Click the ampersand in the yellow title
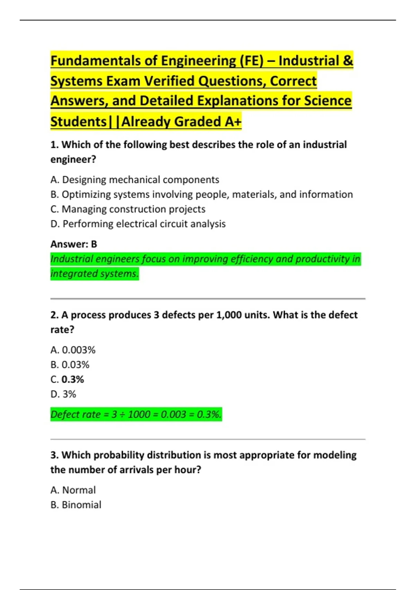[x=348, y=61]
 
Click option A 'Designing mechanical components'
[x=135, y=180]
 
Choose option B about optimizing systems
[x=201, y=194]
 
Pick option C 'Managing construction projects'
[x=128, y=209]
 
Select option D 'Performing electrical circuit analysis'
[x=138, y=224]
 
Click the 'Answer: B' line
[x=73, y=244]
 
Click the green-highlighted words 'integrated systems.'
[x=94, y=274]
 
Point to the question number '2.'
[x=54, y=315]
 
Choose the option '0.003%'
[x=78, y=350]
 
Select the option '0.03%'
[x=75, y=365]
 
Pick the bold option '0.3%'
[x=72, y=380]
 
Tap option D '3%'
[x=69, y=394]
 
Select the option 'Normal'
[x=79, y=490]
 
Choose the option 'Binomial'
[x=81, y=505]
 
